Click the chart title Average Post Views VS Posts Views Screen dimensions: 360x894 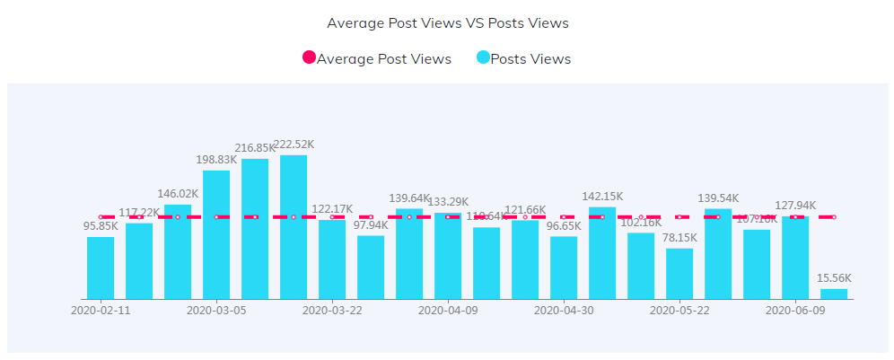(x=447, y=23)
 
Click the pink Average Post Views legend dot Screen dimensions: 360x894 (x=310, y=58)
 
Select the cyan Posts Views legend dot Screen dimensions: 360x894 (x=483, y=58)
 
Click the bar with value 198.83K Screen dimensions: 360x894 (x=216, y=234)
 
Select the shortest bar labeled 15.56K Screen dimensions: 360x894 (x=834, y=294)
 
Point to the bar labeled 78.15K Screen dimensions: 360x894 (x=679, y=274)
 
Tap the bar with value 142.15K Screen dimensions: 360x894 (x=602, y=253)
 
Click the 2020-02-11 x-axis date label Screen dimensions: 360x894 (x=101, y=311)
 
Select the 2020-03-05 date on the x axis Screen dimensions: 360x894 (x=216, y=311)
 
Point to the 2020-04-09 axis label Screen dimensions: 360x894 (x=448, y=311)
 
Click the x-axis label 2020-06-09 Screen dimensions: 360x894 (x=795, y=311)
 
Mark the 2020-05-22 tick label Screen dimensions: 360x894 (x=679, y=311)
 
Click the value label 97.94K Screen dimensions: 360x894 (x=371, y=225)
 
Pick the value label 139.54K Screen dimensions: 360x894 (x=718, y=198)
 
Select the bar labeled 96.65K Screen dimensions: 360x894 (x=564, y=268)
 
